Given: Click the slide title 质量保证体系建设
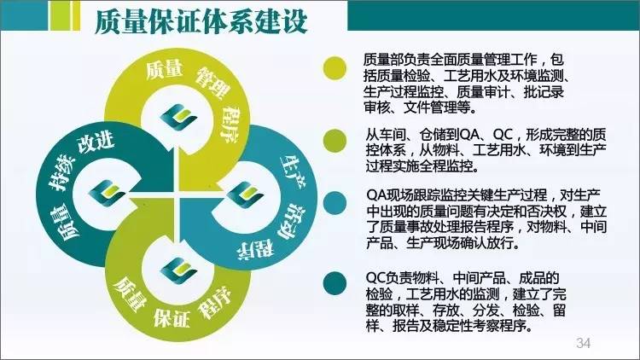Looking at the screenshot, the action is click(x=201, y=21).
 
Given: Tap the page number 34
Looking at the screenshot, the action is click(x=584, y=343).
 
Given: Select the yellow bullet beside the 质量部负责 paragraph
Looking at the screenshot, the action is click(x=335, y=68).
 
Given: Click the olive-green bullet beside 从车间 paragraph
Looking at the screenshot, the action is click(x=335, y=141).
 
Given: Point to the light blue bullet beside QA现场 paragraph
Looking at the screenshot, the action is click(x=335, y=203).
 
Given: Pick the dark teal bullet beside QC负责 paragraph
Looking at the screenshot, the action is click(x=335, y=283).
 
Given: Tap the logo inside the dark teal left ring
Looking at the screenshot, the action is click(x=107, y=193).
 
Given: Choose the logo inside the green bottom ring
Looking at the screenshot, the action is click(x=179, y=270).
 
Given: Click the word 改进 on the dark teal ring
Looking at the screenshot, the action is click(x=96, y=142).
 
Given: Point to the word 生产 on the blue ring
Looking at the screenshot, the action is click(x=293, y=170).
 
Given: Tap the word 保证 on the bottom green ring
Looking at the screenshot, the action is click(x=172, y=316).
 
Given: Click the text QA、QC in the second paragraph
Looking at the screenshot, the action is click(x=486, y=134).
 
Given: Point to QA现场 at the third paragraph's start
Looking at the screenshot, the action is click(x=395, y=195).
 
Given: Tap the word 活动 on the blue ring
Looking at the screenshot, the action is click(x=292, y=220).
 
